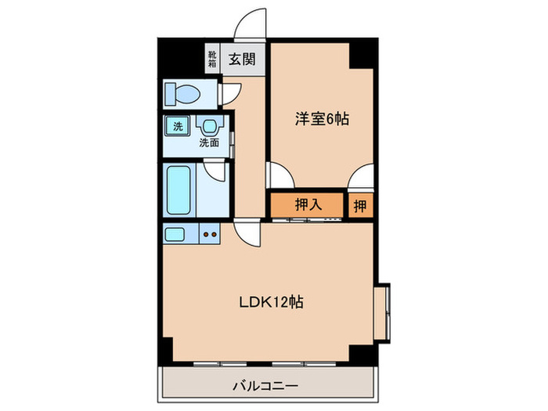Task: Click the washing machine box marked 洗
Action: pos(178,125)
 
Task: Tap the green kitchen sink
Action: pos(175,233)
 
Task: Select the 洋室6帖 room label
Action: pos(321,119)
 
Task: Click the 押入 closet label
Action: pos(308,204)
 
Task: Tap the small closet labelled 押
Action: pos(360,204)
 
